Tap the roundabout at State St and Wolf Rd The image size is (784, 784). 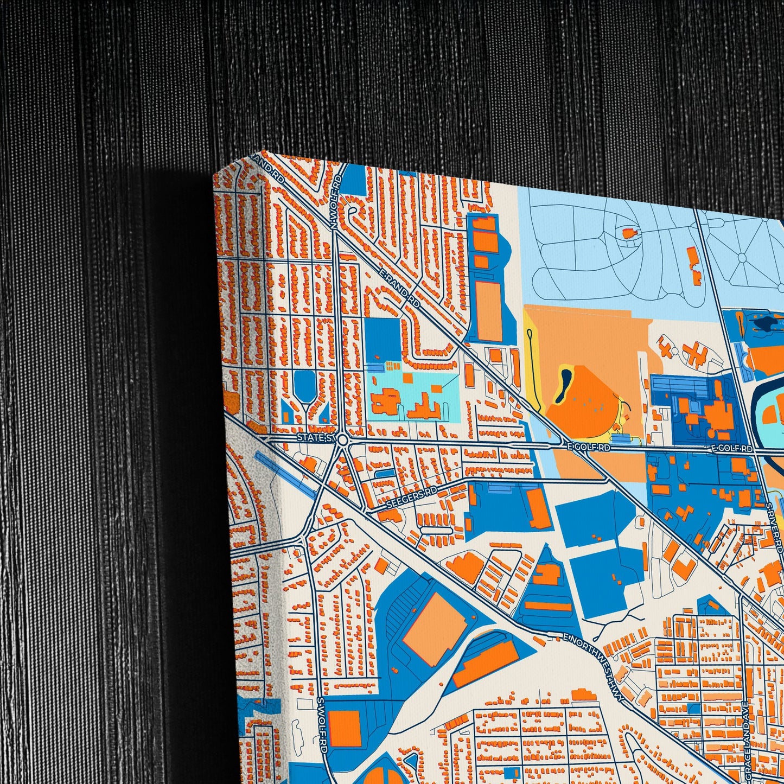click(342, 440)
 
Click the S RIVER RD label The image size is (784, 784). click(774, 526)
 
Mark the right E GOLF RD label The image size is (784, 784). click(732, 449)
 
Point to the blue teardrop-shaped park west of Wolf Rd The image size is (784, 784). click(304, 385)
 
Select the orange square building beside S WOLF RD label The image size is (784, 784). click(344, 728)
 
